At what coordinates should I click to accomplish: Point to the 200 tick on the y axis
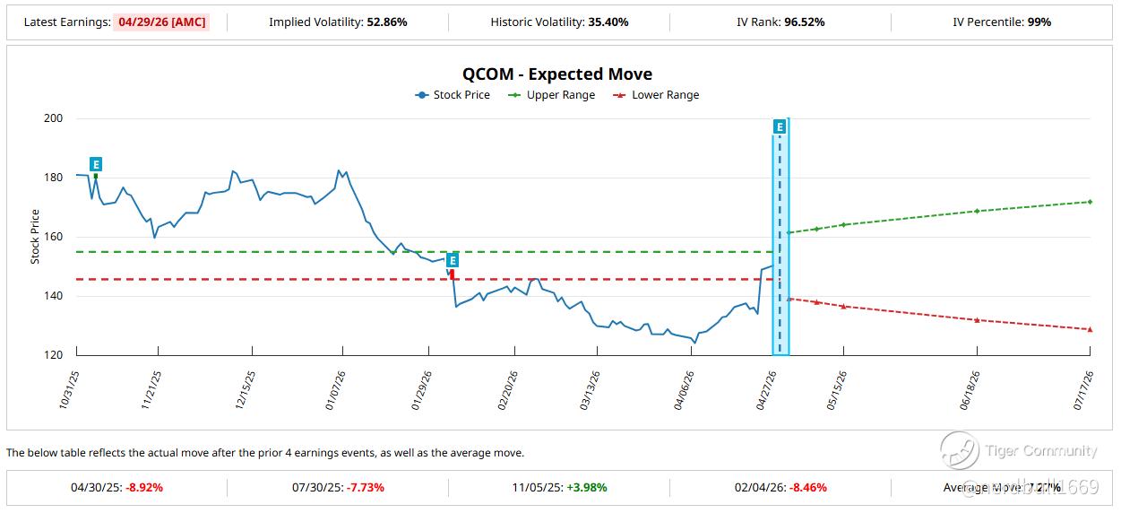53,118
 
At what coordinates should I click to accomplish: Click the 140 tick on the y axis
53,296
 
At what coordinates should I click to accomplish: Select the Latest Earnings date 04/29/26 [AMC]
161,22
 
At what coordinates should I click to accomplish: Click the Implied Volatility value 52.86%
387,22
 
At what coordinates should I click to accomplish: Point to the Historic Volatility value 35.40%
608,22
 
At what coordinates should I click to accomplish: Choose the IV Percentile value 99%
1039,22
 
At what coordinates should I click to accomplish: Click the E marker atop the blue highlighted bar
780,127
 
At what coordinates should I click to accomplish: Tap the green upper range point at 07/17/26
1090,202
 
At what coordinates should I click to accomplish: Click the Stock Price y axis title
36,237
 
